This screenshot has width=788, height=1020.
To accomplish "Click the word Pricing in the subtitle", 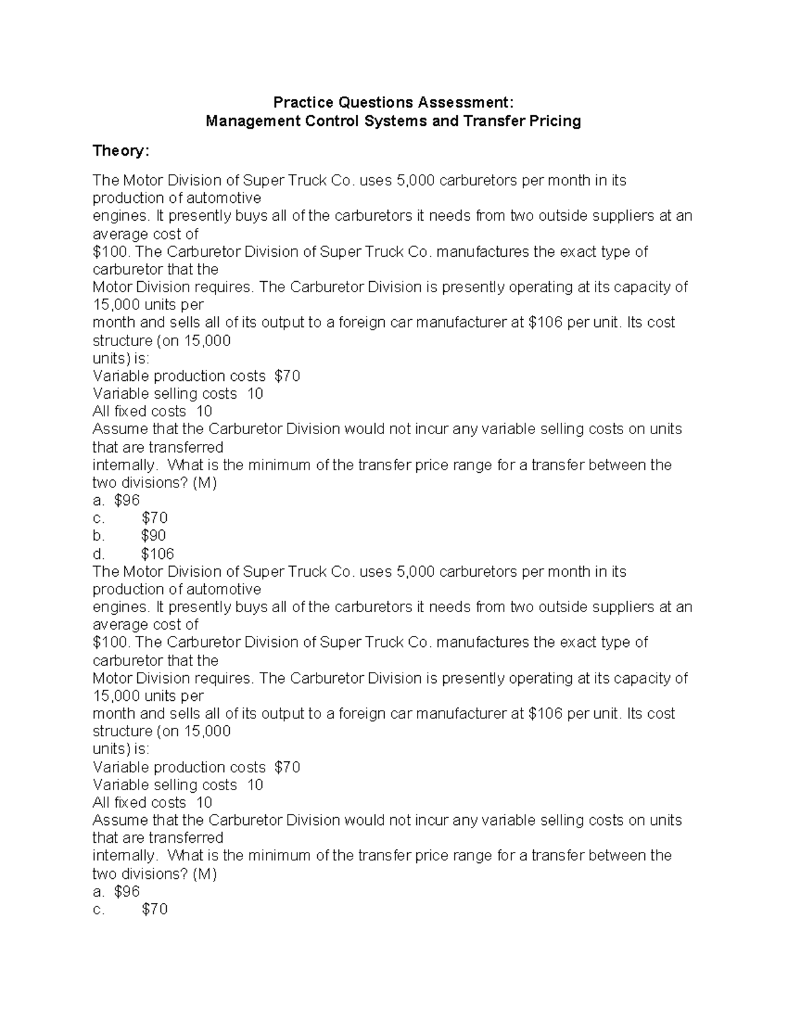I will click(x=556, y=122).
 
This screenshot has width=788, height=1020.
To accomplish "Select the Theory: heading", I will click(x=121, y=151).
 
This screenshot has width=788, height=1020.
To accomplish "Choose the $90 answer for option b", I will click(x=154, y=536).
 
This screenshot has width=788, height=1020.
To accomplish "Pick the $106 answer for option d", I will click(x=158, y=554).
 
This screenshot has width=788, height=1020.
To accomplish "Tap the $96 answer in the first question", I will click(x=127, y=500).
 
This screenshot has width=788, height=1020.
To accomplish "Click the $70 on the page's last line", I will click(x=154, y=910).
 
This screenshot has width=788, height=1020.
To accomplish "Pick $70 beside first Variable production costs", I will click(x=287, y=376).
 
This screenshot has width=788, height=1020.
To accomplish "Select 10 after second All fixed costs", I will click(x=204, y=803).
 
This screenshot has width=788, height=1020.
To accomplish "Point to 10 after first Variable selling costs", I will click(x=255, y=394).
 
